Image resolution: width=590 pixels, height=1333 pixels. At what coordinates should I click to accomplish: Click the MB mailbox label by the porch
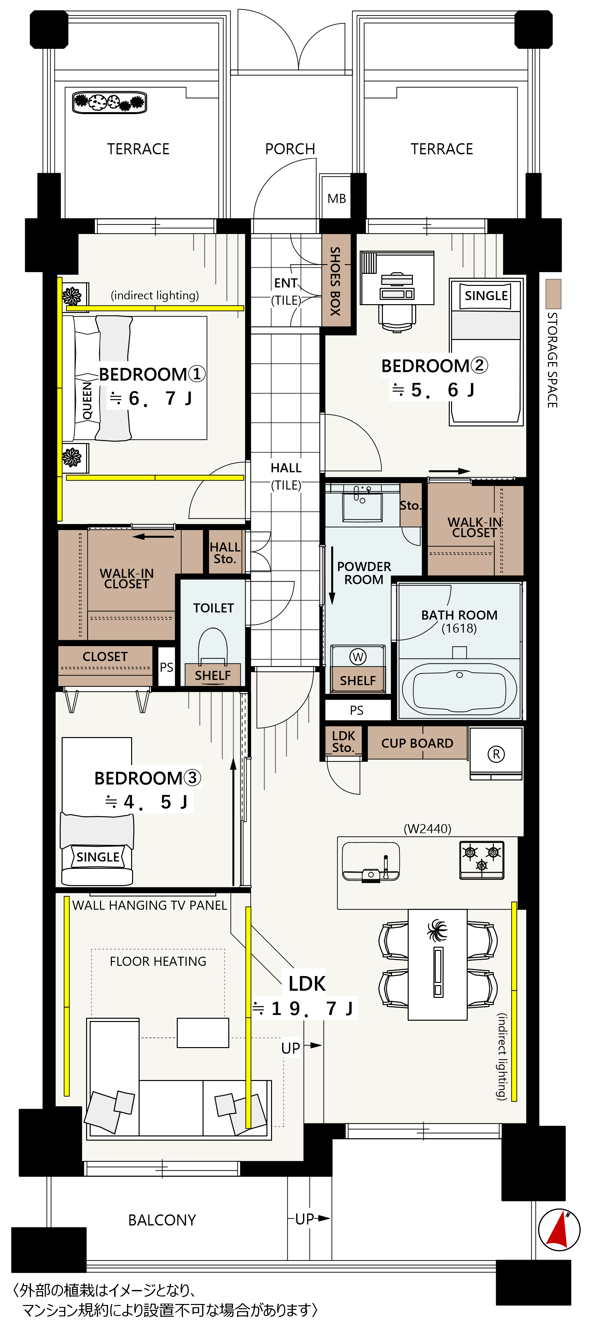336,199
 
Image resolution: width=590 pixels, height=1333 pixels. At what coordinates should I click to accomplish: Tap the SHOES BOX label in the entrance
335,281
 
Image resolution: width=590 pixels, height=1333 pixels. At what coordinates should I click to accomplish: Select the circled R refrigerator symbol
496,754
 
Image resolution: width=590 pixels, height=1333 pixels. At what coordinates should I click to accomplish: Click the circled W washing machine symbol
358,657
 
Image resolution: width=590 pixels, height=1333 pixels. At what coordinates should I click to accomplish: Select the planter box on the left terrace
110,102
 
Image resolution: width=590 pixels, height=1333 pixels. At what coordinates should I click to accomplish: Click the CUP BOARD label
417,743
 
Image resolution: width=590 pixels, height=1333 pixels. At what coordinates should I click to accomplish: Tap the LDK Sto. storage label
343,742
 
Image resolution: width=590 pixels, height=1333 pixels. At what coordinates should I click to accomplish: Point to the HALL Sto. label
225,553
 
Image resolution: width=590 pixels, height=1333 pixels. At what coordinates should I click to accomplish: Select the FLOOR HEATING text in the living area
158,961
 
